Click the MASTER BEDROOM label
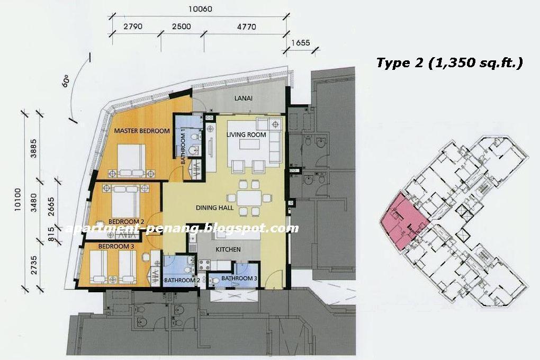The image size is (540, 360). pos(142,131)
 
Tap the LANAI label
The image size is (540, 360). pos(243,98)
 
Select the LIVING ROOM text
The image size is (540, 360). pos(246,134)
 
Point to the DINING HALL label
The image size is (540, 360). pos(215,208)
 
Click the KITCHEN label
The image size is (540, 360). pos(229,249)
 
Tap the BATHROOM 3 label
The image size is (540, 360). pos(239,278)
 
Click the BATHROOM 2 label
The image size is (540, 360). pos(182,280)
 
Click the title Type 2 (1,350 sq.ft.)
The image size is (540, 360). pos(449,63)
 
